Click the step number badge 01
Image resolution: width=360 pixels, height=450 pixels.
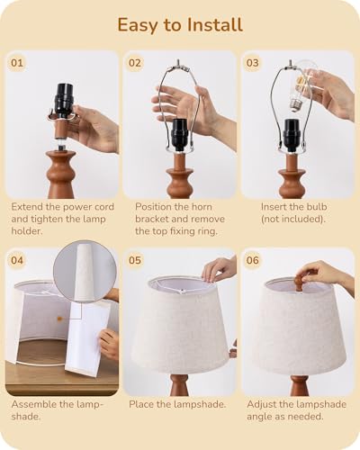[x=17, y=63]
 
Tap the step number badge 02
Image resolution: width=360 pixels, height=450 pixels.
[x=135, y=63]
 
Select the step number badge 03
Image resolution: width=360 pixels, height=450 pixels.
[x=252, y=63]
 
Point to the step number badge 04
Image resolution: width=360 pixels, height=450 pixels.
[x=17, y=260]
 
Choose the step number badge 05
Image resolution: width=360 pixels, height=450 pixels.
[x=135, y=260]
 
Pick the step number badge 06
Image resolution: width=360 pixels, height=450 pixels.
[x=252, y=260]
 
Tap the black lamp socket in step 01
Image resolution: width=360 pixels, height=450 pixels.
[x=64, y=99]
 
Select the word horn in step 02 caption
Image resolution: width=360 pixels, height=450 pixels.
[x=199, y=207]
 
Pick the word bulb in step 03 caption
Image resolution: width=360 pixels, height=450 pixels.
[x=315, y=207]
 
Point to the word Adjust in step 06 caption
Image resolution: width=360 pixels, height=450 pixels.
[x=261, y=405]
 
